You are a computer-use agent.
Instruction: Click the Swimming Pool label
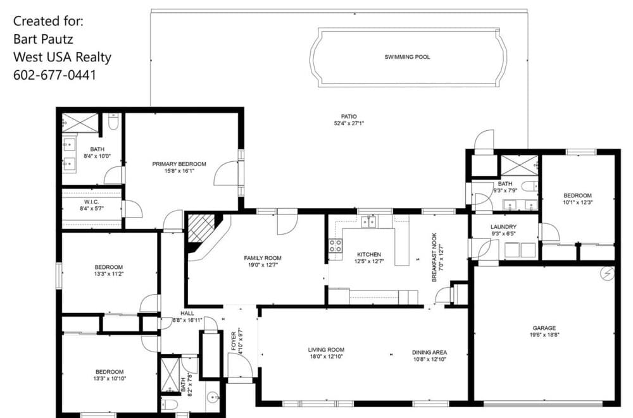[407, 57]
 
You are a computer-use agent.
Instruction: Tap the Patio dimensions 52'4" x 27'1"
[349, 123]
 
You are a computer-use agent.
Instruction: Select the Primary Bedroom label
[179, 164]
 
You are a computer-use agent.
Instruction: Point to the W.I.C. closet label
[92, 202]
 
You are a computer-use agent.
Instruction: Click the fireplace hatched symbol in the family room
[201, 228]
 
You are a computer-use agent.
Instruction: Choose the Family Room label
[263, 258]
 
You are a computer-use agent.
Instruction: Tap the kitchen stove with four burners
[335, 246]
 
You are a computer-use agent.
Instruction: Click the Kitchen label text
[369, 255]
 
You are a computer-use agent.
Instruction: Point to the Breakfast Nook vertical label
[434, 257]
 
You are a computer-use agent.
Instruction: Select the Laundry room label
[503, 227]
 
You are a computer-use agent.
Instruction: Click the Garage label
[544, 328]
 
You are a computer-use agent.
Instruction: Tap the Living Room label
[326, 350]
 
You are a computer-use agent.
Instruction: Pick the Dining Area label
[430, 352]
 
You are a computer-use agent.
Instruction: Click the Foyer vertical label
[234, 341]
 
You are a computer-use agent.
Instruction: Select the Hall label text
[187, 313]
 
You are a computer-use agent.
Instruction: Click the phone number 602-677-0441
[55, 75]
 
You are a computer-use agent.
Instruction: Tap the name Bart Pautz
[43, 39]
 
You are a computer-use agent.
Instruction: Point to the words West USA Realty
[62, 58]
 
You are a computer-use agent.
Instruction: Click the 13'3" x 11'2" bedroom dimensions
[109, 274]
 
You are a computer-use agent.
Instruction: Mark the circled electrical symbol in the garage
[608, 274]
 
